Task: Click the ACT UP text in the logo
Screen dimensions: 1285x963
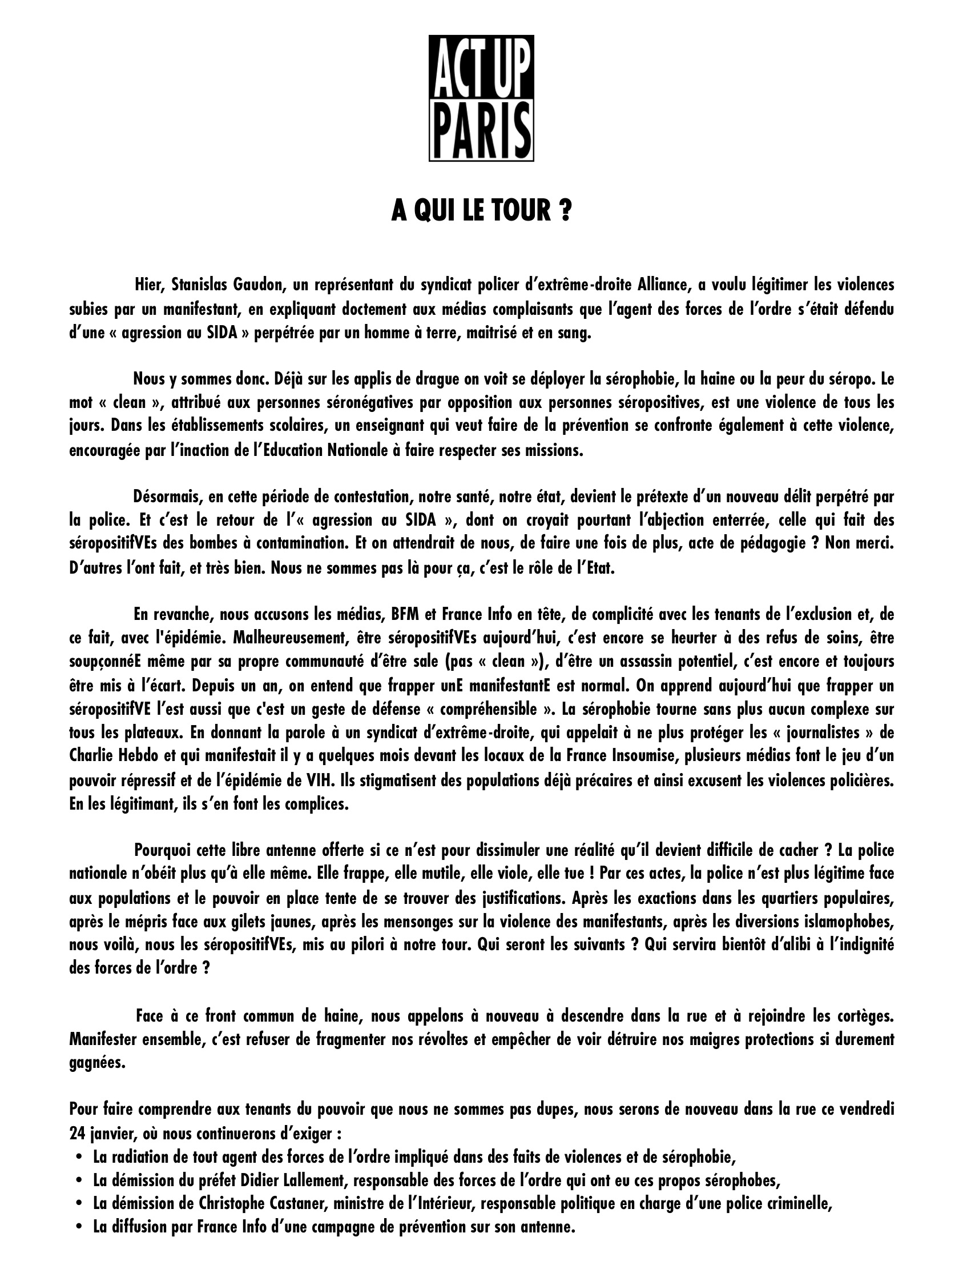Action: [x=481, y=69]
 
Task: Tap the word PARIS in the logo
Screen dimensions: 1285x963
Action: [x=481, y=129]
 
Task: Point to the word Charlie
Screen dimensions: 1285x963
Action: [x=89, y=757]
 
